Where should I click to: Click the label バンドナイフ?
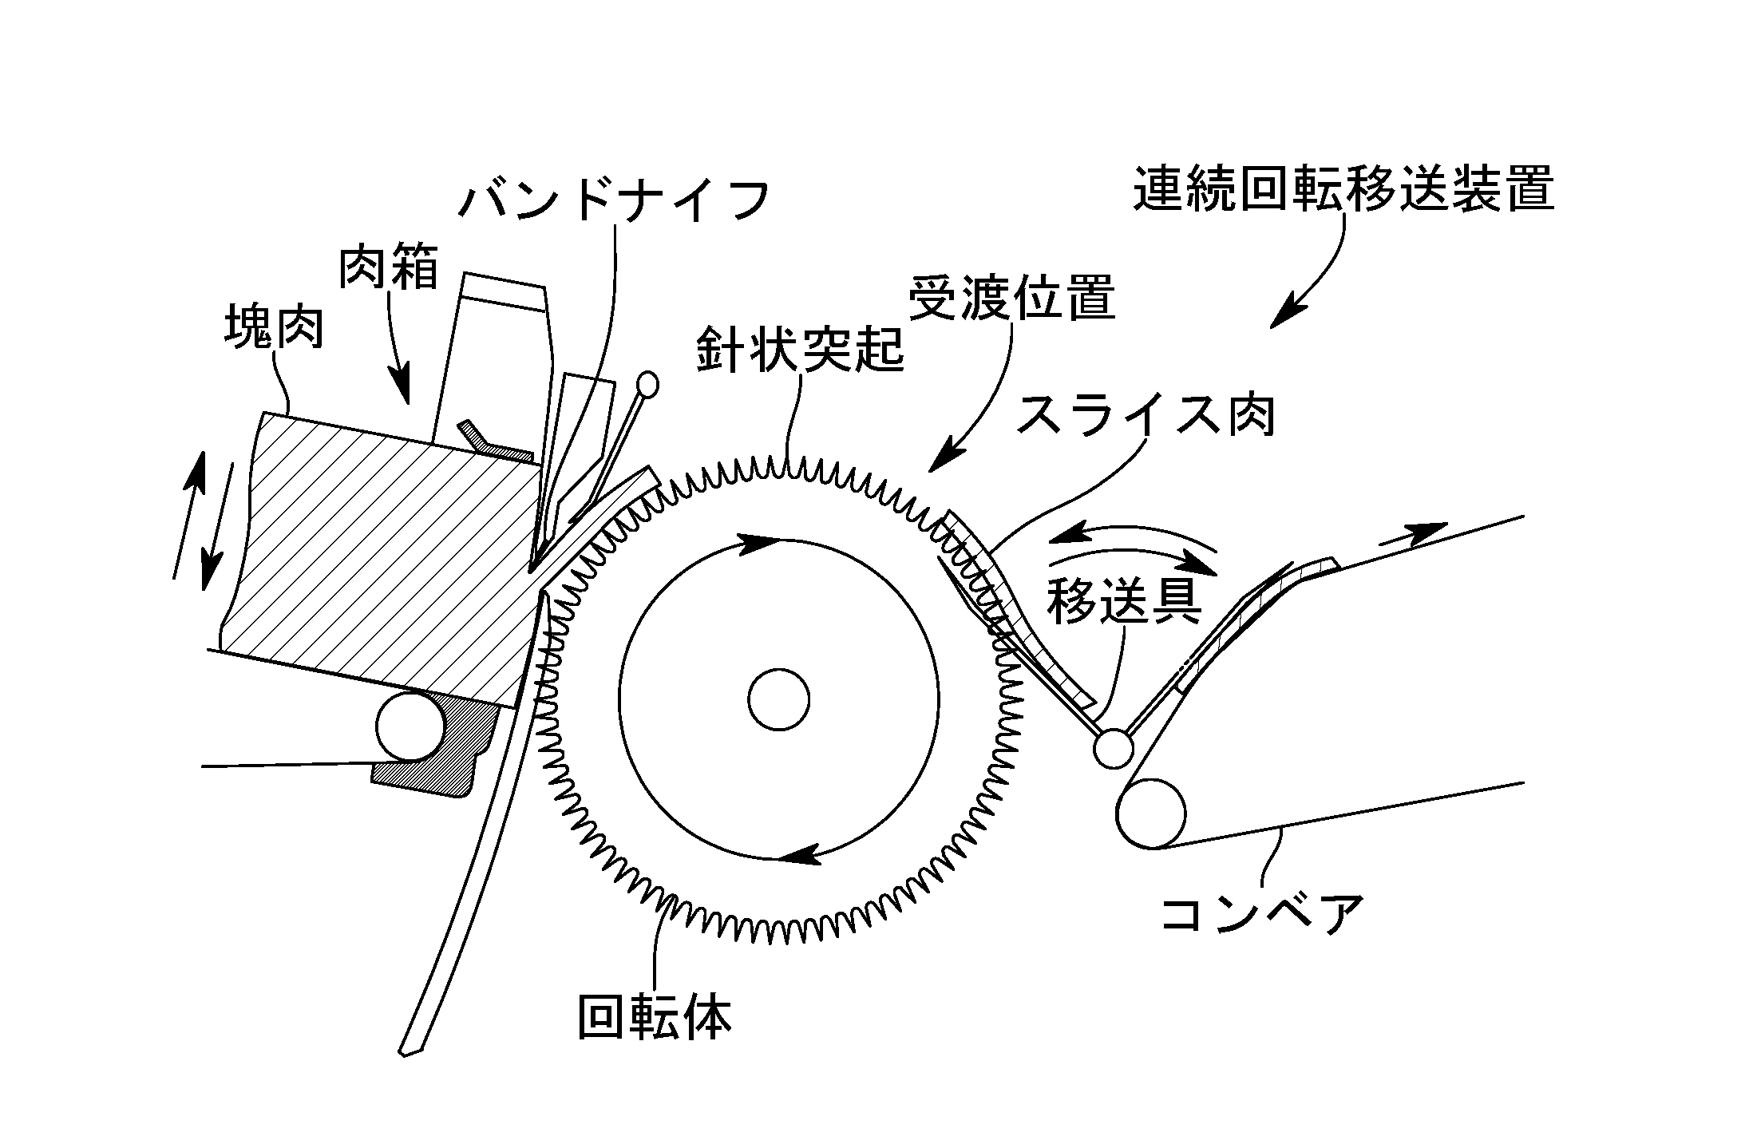(x=614, y=199)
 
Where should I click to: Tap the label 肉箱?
(x=389, y=267)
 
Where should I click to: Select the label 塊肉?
(x=274, y=326)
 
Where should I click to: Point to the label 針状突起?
(x=800, y=349)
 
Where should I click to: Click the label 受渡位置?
(x=1011, y=297)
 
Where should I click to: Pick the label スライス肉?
(x=1146, y=415)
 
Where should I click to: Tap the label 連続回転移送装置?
(x=1343, y=188)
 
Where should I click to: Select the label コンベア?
(x=1262, y=913)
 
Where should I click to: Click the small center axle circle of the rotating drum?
(x=778, y=699)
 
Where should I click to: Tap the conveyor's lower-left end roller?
(x=1151, y=813)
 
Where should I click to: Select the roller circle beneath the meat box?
(x=412, y=726)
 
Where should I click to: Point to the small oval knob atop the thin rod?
(x=648, y=385)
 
